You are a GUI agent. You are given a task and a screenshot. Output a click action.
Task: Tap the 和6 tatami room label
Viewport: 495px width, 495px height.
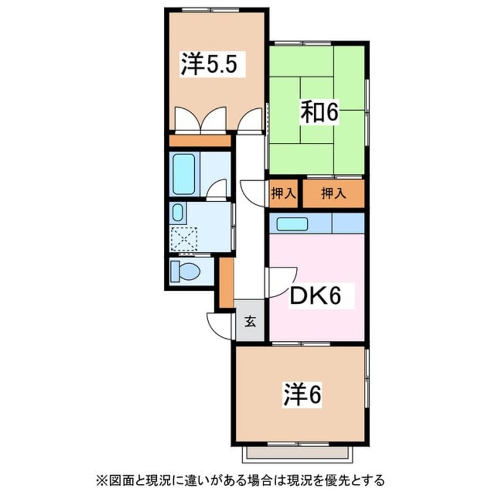click(319, 113)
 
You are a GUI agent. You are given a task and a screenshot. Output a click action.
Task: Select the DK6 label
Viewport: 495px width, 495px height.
click(315, 297)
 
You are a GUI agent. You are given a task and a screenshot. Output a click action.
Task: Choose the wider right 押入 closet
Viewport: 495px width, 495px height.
click(334, 194)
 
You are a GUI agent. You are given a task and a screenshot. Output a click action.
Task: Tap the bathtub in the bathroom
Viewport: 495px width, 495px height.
click(184, 174)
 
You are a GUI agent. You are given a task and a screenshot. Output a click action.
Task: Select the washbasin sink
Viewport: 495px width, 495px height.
click(178, 212)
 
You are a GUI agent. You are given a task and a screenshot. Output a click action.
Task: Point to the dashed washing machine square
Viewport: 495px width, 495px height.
click(184, 238)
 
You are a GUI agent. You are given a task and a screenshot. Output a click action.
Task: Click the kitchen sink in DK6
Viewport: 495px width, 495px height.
click(293, 224)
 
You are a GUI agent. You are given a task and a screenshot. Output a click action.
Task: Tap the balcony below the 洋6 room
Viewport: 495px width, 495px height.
click(301, 452)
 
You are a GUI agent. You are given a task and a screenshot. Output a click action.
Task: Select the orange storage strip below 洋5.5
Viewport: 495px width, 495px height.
click(200, 141)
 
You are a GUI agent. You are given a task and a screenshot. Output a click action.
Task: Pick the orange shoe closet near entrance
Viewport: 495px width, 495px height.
click(226, 282)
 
